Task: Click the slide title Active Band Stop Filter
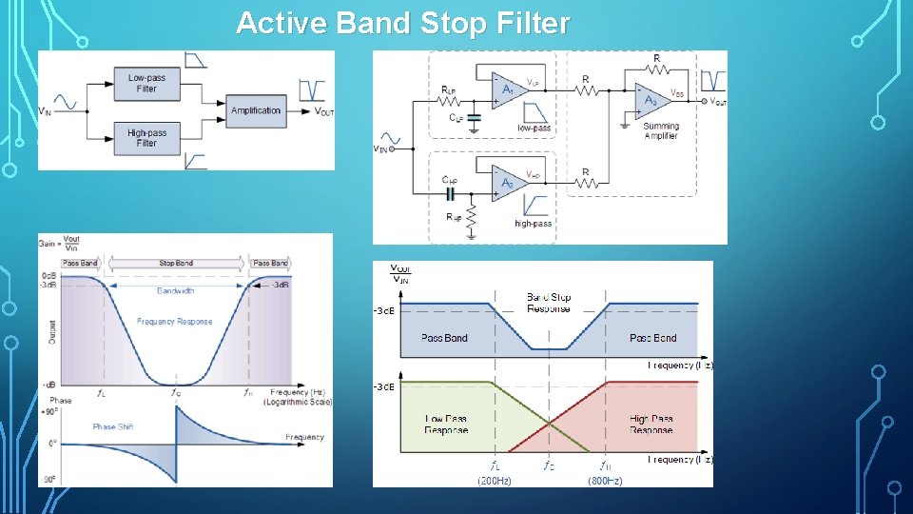tap(402, 23)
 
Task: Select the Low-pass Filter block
tap(146, 83)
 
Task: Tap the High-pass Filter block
tap(146, 138)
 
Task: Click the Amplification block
tap(256, 110)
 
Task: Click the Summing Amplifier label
tap(661, 131)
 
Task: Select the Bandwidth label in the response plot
tap(175, 290)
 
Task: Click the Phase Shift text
tap(112, 426)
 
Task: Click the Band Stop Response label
tap(549, 303)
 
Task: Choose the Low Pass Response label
tap(446, 425)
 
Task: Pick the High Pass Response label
tap(651, 425)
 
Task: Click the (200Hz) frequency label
tap(494, 481)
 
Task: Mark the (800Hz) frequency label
tap(605, 481)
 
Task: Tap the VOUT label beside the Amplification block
tap(324, 111)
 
